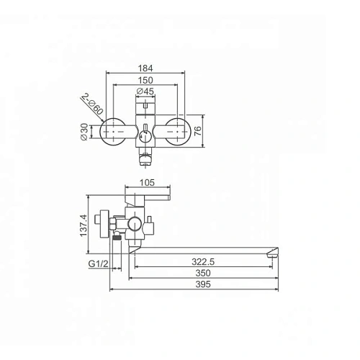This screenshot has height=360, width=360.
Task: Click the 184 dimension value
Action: tap(145, 68)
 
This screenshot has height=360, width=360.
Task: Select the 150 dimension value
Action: tap(145, 80)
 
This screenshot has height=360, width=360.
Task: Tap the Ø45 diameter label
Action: tap(145, 91)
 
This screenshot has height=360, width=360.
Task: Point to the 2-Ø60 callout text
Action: tap(92, 104)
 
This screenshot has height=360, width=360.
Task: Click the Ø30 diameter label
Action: tap(84, 132)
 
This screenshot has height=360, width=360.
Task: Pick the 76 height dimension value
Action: tap(197, 131)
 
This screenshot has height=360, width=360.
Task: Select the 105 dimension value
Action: tap(147, 183)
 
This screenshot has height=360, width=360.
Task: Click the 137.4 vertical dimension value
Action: tap(84, 225)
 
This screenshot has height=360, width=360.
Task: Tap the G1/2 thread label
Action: tap(98, 264)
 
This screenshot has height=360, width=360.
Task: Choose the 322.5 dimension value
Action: tap(203, 261)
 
